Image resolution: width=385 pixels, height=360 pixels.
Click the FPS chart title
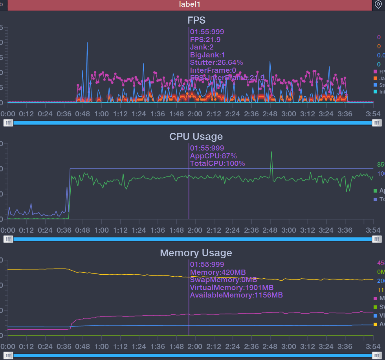click(196, 20)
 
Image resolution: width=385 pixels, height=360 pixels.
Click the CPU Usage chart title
click(196, 136)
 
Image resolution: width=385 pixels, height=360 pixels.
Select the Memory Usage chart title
click(196, 253)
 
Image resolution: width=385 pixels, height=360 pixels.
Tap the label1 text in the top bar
click(190, 5)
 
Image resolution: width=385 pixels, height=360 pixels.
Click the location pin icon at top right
click(378, 5)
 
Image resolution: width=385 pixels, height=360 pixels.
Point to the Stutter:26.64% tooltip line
click(216, 62)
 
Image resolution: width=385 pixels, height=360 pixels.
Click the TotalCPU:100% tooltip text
click(217, 163)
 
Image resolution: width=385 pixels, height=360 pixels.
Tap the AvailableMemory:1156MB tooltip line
click(236, 295)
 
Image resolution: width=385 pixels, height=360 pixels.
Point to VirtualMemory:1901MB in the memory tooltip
click(232, 287)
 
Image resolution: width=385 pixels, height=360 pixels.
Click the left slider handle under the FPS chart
click(8, 123)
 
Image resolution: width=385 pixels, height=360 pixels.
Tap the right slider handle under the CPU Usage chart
click(377, 239)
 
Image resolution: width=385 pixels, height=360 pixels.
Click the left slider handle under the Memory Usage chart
click(8, 355)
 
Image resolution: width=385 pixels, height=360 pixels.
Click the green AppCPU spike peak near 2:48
click(271, 152)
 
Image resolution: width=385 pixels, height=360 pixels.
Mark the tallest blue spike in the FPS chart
click(87, 43)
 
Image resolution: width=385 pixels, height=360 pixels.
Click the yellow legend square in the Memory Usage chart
click(375, 324)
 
